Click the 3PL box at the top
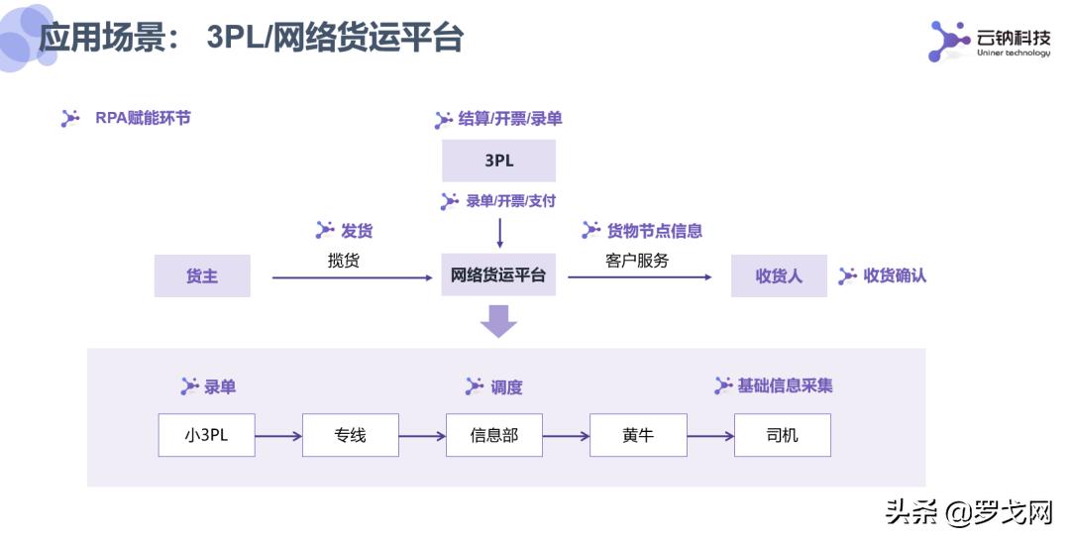pos(498,161)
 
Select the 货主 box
pos(202,275)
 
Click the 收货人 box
pos(779,275)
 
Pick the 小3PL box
pos(206,435)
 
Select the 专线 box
pos(350,435)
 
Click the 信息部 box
pos(493,435)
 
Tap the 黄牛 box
pos(638,435)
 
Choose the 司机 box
pos(782,435)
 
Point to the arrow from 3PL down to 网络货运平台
pos(499,232)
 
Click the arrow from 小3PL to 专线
pos(278,435)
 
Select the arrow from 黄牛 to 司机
pos(710,435)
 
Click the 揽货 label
pos(344,261)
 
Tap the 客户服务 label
pos(637,261)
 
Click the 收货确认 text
pos(895,275)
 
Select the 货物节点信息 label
pos(654,231)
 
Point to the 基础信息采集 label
pos(785,385)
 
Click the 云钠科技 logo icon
pos(948,41)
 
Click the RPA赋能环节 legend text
pos(143,118)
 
